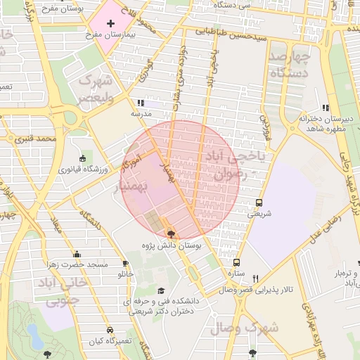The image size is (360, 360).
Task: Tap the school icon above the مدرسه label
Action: (x=141, y=103)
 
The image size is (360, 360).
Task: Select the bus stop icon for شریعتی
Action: (x=259, y=202)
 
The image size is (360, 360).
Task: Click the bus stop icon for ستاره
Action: (x=236, y=262)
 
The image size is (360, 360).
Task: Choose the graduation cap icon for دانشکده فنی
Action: (x=161, y=290)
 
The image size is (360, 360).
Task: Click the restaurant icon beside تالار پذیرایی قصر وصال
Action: (x=255, y=278)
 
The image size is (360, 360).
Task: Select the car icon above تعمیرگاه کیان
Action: (x=110, y=330)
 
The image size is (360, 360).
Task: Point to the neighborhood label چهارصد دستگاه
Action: (x=289, y=64)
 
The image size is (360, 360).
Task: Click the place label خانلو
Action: (x=124, y=273)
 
